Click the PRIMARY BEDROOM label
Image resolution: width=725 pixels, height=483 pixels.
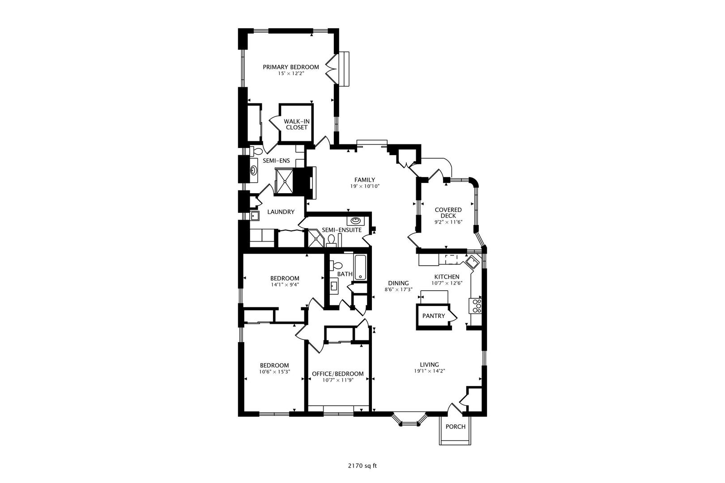point(290,67)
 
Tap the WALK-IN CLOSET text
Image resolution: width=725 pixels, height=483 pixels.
point(297,124)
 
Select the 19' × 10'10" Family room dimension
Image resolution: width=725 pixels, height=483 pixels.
point(365,186)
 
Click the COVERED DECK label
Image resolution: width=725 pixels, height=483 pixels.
point(448,212)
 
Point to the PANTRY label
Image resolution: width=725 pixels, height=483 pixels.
point(434,316)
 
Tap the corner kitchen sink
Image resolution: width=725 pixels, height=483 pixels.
point(472,261)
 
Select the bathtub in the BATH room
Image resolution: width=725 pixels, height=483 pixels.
point(361,267)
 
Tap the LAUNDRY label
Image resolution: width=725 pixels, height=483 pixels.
point(281,212)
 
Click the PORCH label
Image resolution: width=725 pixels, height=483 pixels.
point(455,427)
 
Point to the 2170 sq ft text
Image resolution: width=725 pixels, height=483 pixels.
point(362,466)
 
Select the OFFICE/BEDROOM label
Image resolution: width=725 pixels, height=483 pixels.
point(337,374)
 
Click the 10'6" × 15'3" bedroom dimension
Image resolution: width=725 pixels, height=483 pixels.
point(274,372)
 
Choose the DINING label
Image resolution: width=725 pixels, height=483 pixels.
point(398,283)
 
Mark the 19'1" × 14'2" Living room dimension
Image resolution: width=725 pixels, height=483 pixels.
point(429,371)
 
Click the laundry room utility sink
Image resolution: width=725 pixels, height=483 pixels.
point(254,216)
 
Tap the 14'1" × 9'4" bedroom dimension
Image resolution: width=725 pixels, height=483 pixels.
point(285,284)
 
